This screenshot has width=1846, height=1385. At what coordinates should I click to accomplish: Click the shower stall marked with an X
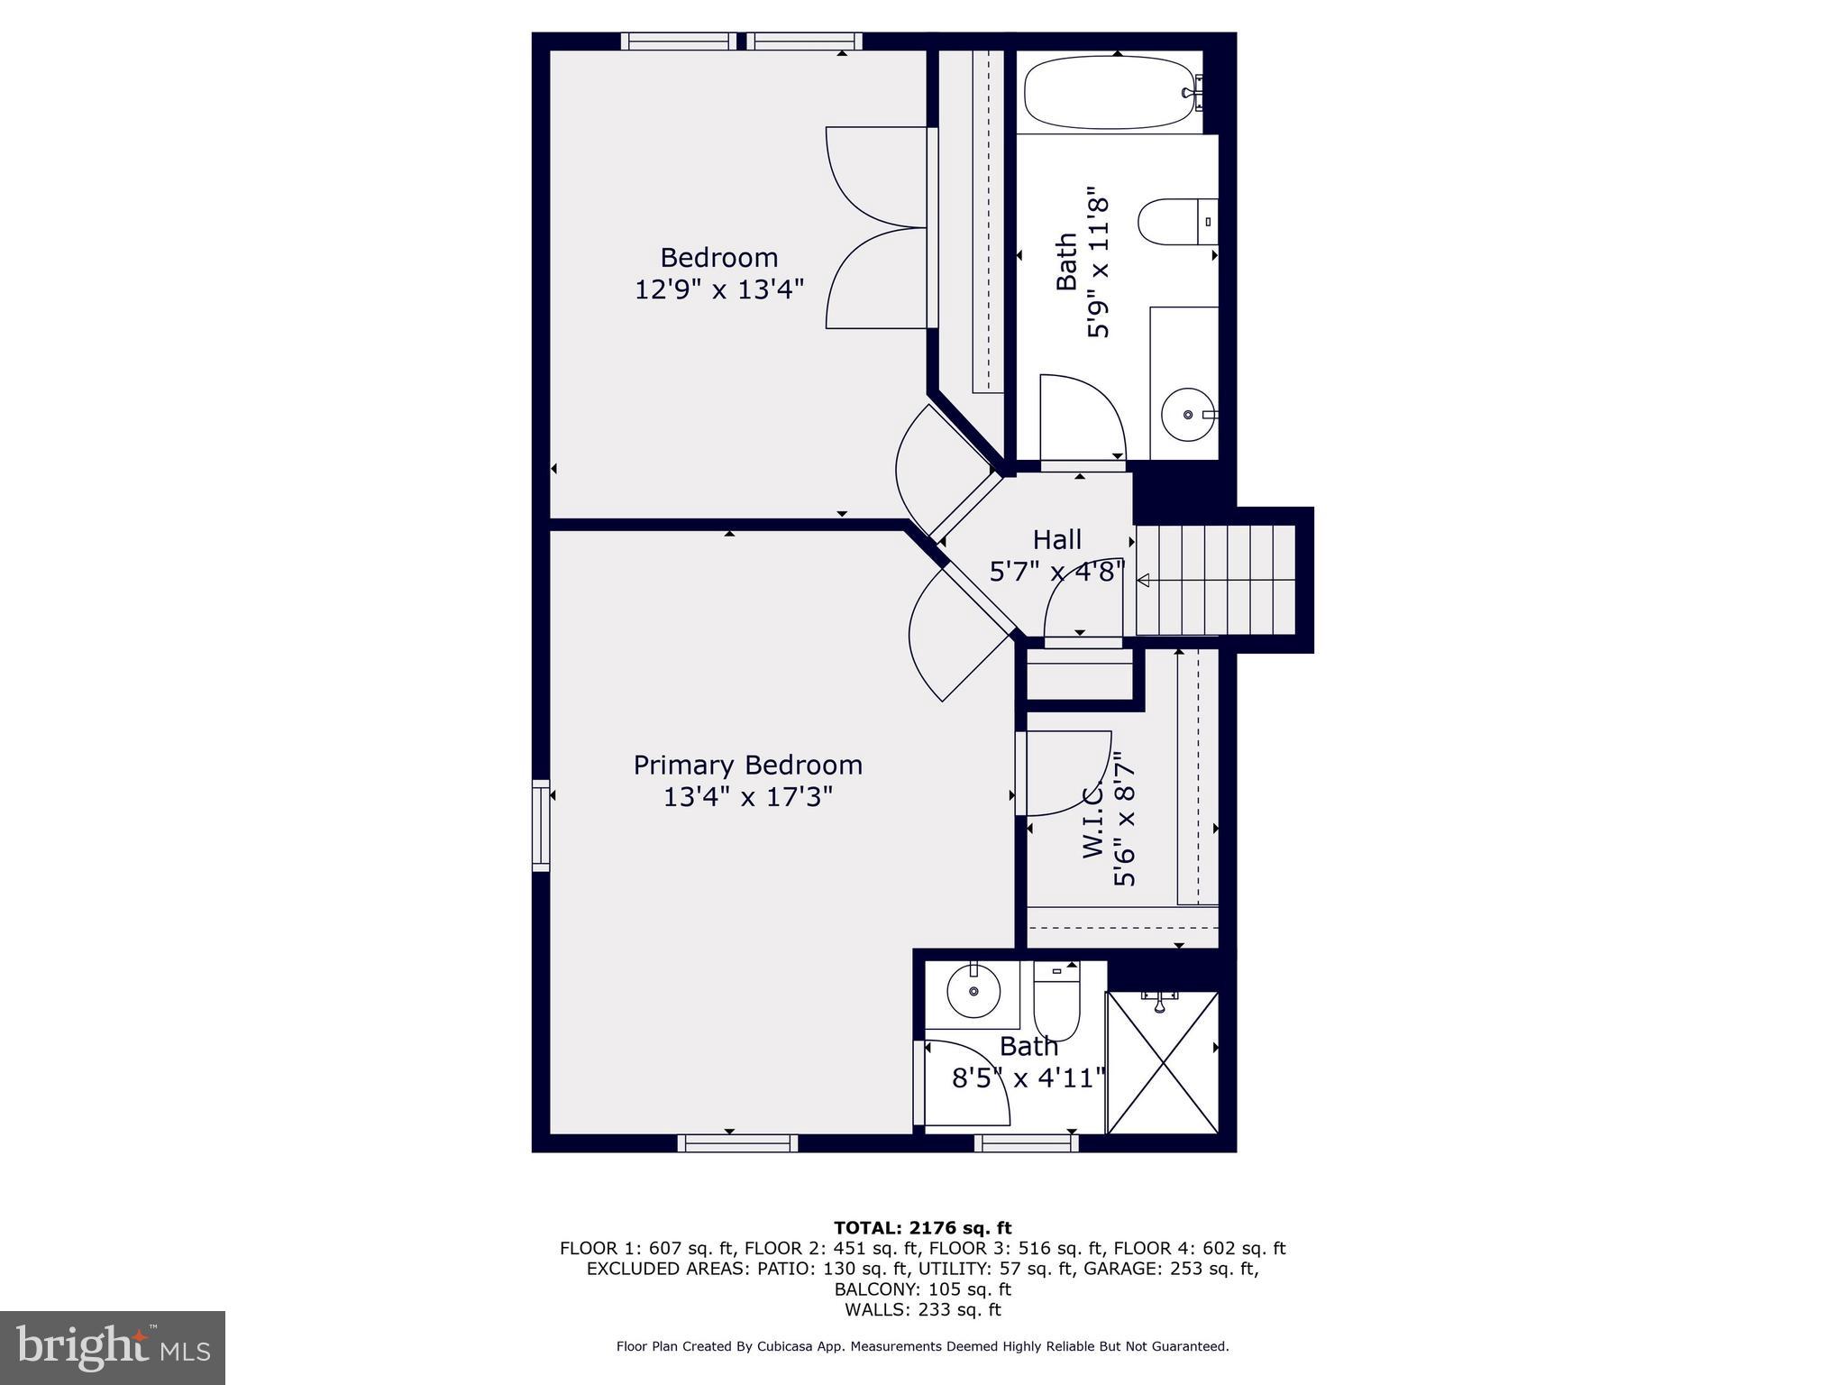[x=1163, y=1062]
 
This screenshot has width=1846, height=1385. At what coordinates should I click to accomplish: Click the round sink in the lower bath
[x=974, y=991]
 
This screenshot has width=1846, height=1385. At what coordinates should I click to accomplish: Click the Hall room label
[x=1056, y=540]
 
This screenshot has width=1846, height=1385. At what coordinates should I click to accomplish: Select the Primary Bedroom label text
[x=747, y=766]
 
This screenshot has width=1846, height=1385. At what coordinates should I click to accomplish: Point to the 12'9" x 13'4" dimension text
[x=718, y=289]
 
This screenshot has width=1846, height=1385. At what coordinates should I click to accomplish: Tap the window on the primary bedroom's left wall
[x=541, y=825]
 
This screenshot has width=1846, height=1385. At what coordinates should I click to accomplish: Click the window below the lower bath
[x=1026, y=1143]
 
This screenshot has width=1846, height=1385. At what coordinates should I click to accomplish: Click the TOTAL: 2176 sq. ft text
[x=922, y=1228]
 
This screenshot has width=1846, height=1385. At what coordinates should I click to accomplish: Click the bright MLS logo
[x=113, y=1347]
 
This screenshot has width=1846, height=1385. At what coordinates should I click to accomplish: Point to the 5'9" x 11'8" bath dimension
[x=1098, y=262]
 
